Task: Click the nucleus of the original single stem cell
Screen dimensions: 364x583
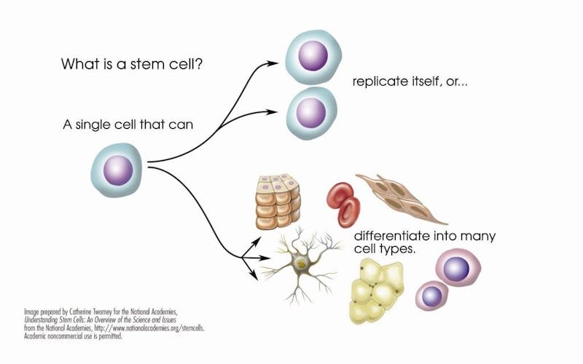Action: [117, 170]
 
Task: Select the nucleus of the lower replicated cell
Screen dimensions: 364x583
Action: [310, 111]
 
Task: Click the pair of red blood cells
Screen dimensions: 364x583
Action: [343, 203]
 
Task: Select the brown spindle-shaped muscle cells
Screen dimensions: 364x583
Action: [399, 198]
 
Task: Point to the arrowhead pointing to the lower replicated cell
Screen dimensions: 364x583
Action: [273, 111]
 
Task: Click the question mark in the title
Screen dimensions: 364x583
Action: [198, 64]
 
